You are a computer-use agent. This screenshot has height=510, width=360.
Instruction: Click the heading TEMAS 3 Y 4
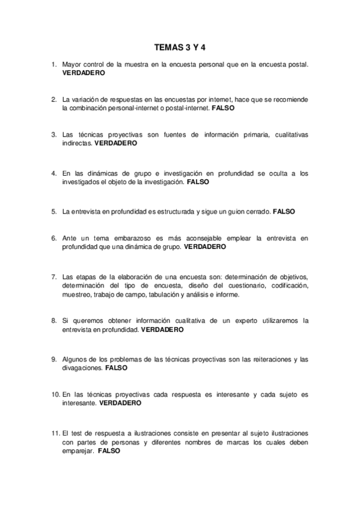coord(180,45)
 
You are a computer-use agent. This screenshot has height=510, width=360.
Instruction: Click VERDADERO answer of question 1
coord(84,72)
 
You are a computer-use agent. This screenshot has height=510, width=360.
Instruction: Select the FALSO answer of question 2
coord(223,108)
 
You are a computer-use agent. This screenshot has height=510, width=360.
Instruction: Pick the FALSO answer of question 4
coord(198,182)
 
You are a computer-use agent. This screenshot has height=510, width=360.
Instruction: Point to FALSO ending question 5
coord(284,211)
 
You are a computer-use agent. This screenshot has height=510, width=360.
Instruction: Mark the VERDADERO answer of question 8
coord(163,330)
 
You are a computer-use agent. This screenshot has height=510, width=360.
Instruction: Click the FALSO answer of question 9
coord(117,367)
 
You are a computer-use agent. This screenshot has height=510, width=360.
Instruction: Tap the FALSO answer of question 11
coord(109,450)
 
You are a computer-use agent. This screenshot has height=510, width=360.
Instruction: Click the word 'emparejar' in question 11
coord(77,450)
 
